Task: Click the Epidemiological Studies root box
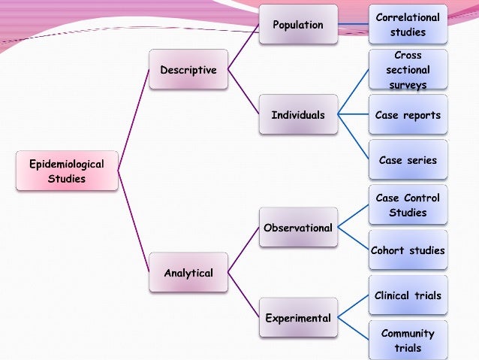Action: [67, 171]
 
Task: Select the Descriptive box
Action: [188, 70]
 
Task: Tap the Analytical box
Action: [188, 273]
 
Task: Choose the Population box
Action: [298, 25]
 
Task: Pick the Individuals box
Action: [298, 115]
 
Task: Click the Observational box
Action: [298, 228]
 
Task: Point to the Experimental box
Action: [298, 318]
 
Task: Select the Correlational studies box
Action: [408, 25]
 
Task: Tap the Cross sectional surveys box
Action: [408, 70]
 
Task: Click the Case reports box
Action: [408, 115]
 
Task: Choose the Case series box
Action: [408, 160]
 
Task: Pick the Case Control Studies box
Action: [408, 205]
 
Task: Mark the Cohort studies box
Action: [408, 250]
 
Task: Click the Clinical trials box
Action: [408, 295]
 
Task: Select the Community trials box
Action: [408, 340]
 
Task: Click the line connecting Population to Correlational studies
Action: [353, 25]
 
